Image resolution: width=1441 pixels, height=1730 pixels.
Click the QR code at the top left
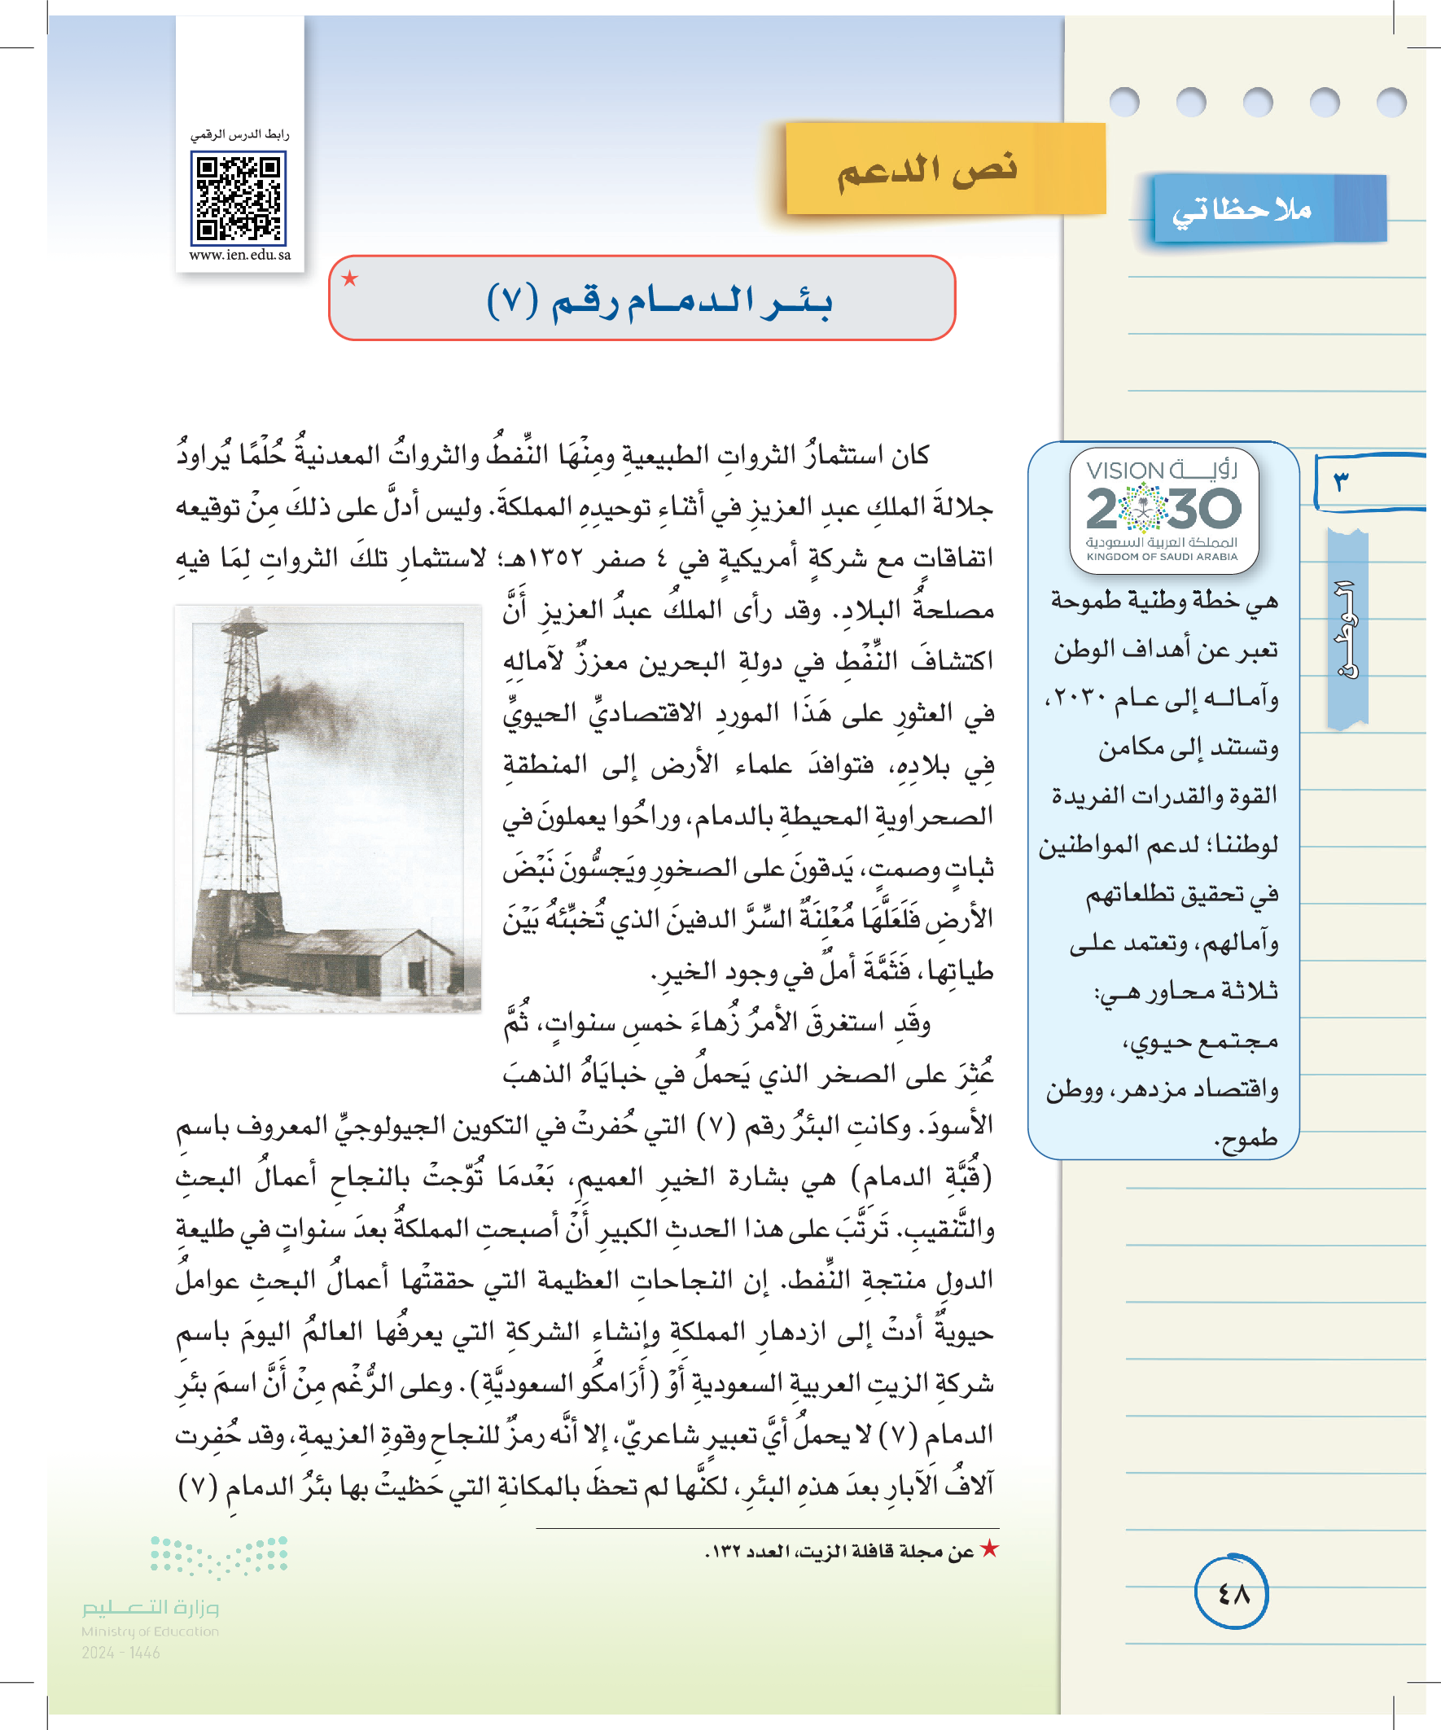coord(238,200)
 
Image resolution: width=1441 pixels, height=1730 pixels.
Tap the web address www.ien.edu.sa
coord(239,255)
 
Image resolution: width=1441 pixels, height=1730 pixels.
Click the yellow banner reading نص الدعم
coord(929,169)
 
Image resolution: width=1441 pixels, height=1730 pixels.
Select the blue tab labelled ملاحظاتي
coord(1242,211)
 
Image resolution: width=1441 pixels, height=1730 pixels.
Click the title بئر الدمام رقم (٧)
coord(659,300)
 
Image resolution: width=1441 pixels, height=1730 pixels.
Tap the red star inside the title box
coord(350,278)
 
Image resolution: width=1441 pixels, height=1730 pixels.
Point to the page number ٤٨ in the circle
coord(1233,1594)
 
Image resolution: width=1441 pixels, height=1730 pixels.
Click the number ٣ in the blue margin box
coord(1341,481)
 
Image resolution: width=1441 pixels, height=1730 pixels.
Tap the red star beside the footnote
coord(989,1548)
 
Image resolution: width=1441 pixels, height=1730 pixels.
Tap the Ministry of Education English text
coord(150,1631)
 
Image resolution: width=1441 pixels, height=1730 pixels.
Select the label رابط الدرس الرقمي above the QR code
coord(239,134)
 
